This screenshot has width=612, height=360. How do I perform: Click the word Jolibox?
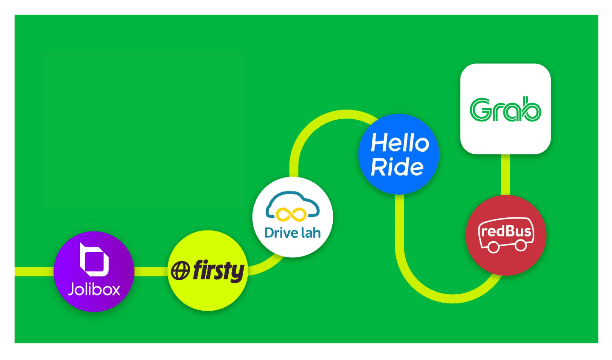(94, 290)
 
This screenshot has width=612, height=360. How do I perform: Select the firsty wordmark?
(219, 271)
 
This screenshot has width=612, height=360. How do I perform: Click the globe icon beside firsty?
(180, 271)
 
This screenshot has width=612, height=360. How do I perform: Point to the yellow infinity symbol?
(292, 214)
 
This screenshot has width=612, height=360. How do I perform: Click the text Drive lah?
(292, 233)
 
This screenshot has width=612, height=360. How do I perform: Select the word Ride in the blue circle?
(397, 167)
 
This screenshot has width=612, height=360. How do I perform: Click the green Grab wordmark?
(505, 110)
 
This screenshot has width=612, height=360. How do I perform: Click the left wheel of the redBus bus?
(493, 247)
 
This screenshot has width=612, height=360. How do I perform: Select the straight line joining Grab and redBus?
(505, 174)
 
